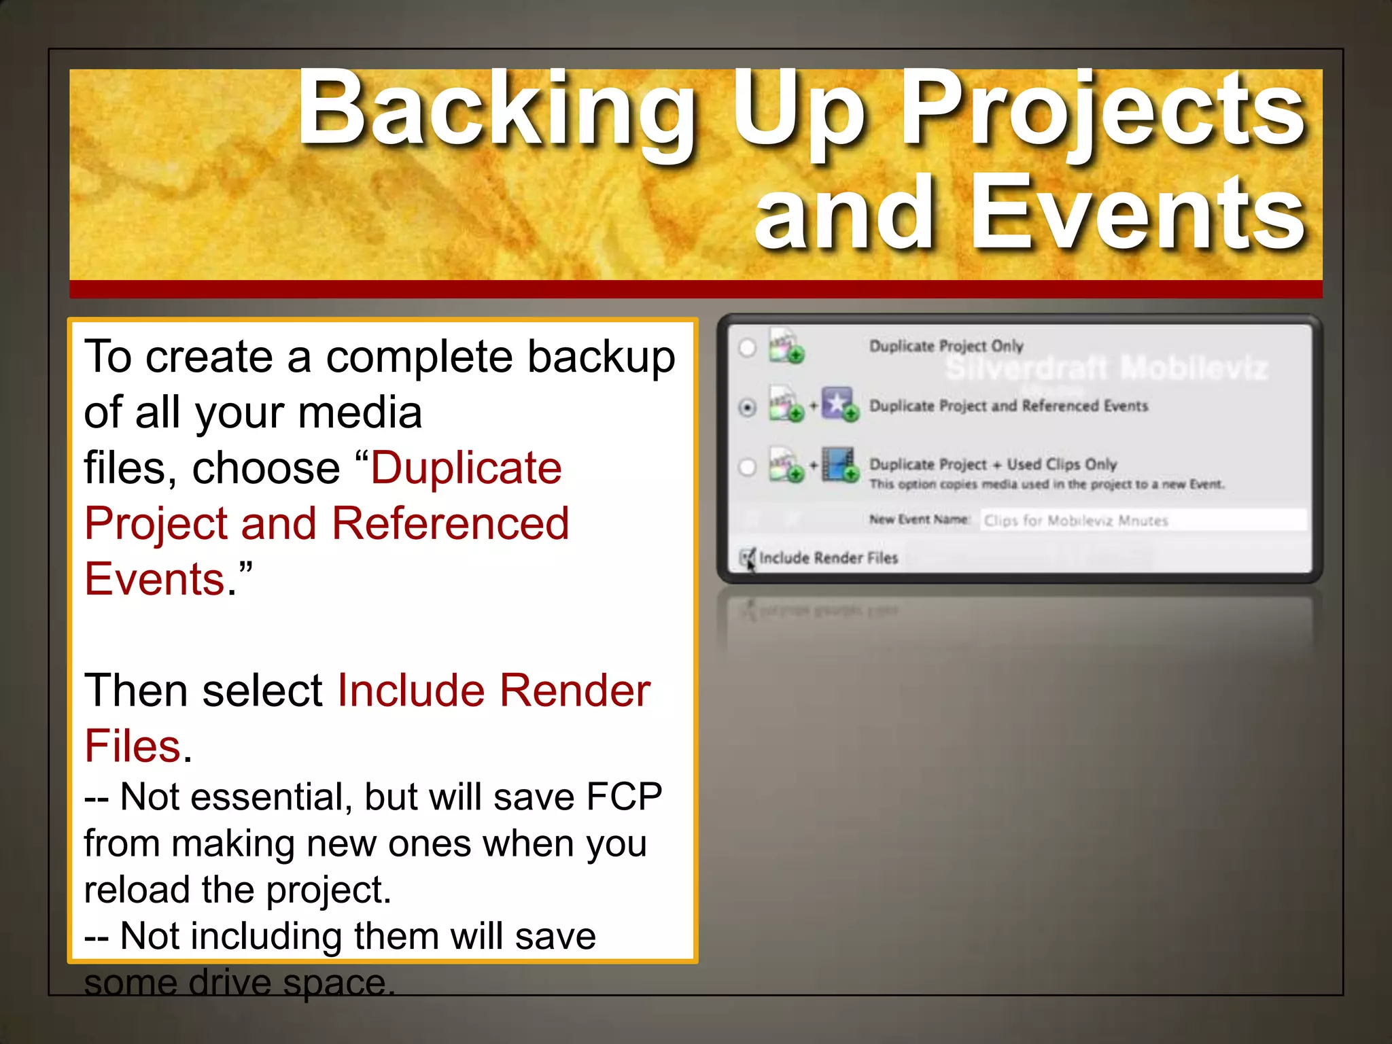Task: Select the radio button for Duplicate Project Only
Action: [x=747, y=347]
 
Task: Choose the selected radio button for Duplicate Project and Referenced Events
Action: [x=747, y=407]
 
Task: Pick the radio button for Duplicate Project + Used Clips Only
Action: [x=747, y=467]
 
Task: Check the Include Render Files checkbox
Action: [x=746, y=558]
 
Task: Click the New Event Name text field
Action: [x=1142, y=521]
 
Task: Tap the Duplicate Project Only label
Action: [x=946, y=346]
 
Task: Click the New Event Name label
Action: [x=918, y=520]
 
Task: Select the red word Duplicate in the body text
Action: [x=466, y=468]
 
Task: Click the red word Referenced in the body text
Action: [x=450, y=523]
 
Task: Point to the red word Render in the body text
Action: [x=575, y=691]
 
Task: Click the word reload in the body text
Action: [x=136, y=889]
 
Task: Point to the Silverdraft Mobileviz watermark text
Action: [x=1107, y=368]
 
